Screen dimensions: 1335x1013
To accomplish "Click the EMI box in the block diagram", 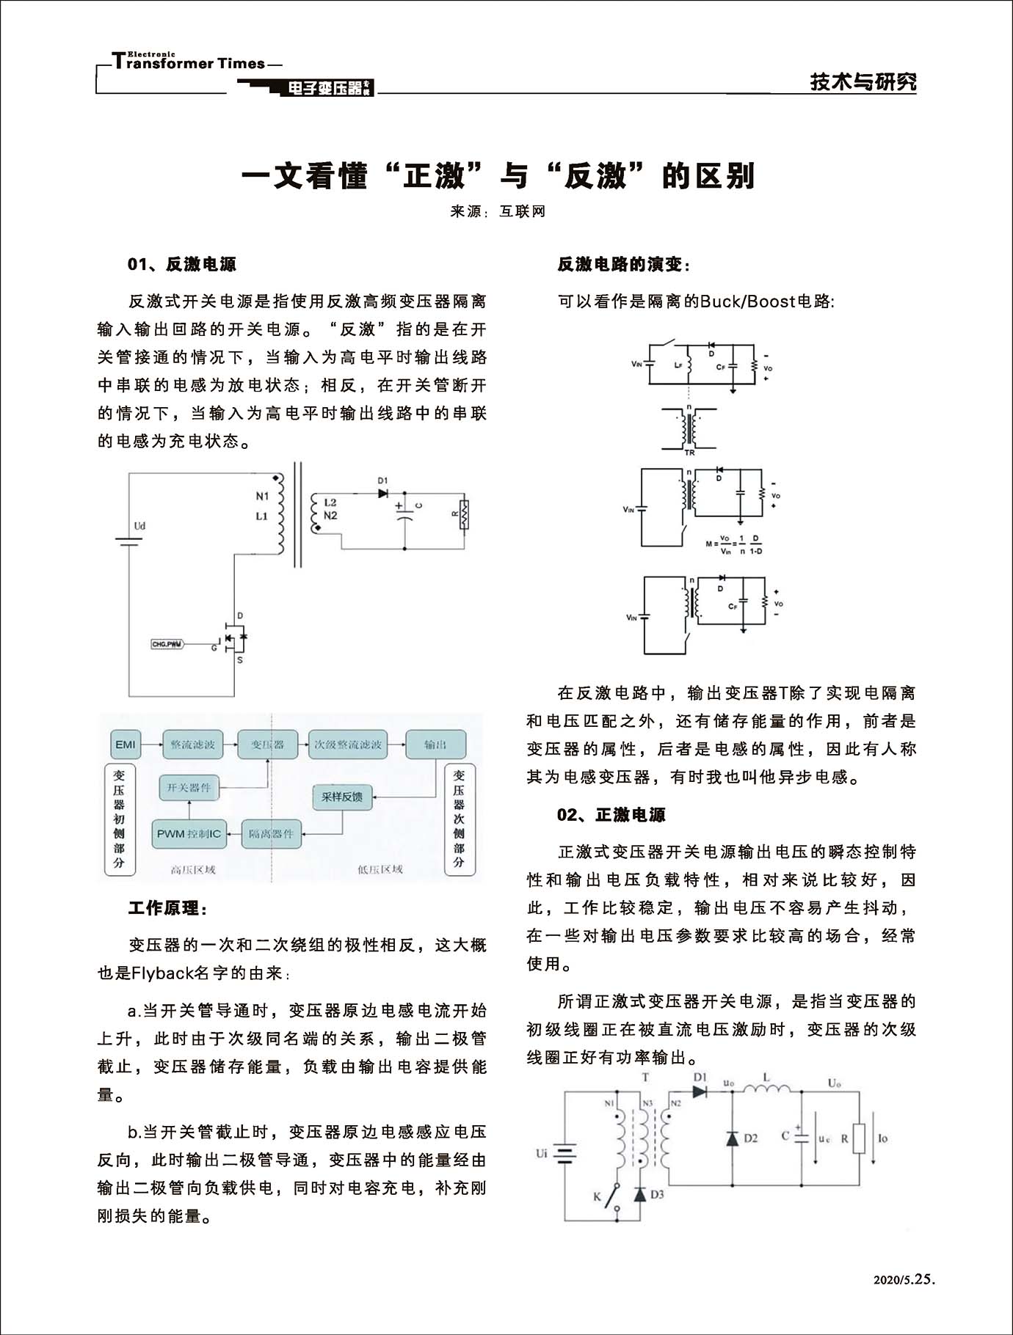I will click(126, 745).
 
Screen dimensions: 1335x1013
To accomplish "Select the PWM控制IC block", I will click(189, 834).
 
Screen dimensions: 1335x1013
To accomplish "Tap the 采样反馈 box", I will click(342, 797).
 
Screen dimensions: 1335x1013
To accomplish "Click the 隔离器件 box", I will click(271, 834).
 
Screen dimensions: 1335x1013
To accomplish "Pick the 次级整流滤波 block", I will click(348, 745).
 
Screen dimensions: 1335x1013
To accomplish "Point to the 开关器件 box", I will click(189, 788).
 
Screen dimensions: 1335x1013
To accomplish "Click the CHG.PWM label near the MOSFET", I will click(167, 644).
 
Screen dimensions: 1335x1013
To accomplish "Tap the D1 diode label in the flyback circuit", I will click(382, 480).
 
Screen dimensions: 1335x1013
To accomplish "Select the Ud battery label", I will click(139, 526).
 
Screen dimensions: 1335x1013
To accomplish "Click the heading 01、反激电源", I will click(182, 264).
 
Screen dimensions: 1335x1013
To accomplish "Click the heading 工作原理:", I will click(168, 908).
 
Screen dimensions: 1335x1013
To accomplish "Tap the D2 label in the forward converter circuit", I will click(750, 1138).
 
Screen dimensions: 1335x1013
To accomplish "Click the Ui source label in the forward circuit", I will click(541, 1153).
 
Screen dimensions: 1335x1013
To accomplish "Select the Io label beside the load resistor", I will click(882, 1138).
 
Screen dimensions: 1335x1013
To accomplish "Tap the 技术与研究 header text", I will click(863, 81).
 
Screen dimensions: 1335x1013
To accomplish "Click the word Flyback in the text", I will click(162, 973).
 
